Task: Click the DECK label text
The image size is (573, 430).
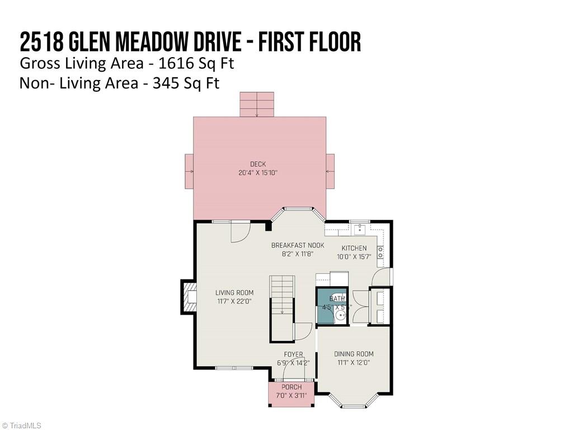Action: pyautogui.click(x=258, y=164)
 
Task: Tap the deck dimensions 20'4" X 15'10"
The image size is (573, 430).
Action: pyautogui.click(x=258, y=173)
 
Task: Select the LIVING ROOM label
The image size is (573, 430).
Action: pyautogui.click(x=234, y=293)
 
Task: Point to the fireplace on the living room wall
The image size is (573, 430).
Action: pyautogui.click(x=189, y=297)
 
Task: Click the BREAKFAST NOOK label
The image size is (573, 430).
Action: pyautogui.click(x=298, y=245)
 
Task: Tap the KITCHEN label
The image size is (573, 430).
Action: pyautogui.click(x=354, y=248)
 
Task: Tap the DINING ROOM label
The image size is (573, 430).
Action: pyautogui.click(x=354, y=354)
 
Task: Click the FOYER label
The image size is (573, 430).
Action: pyautogui.click(x=293, y=354)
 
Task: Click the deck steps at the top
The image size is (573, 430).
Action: pyautogui.click(x=257, y=104)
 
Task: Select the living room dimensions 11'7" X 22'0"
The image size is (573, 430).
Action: pyautogui.click(x=234, y=301)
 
